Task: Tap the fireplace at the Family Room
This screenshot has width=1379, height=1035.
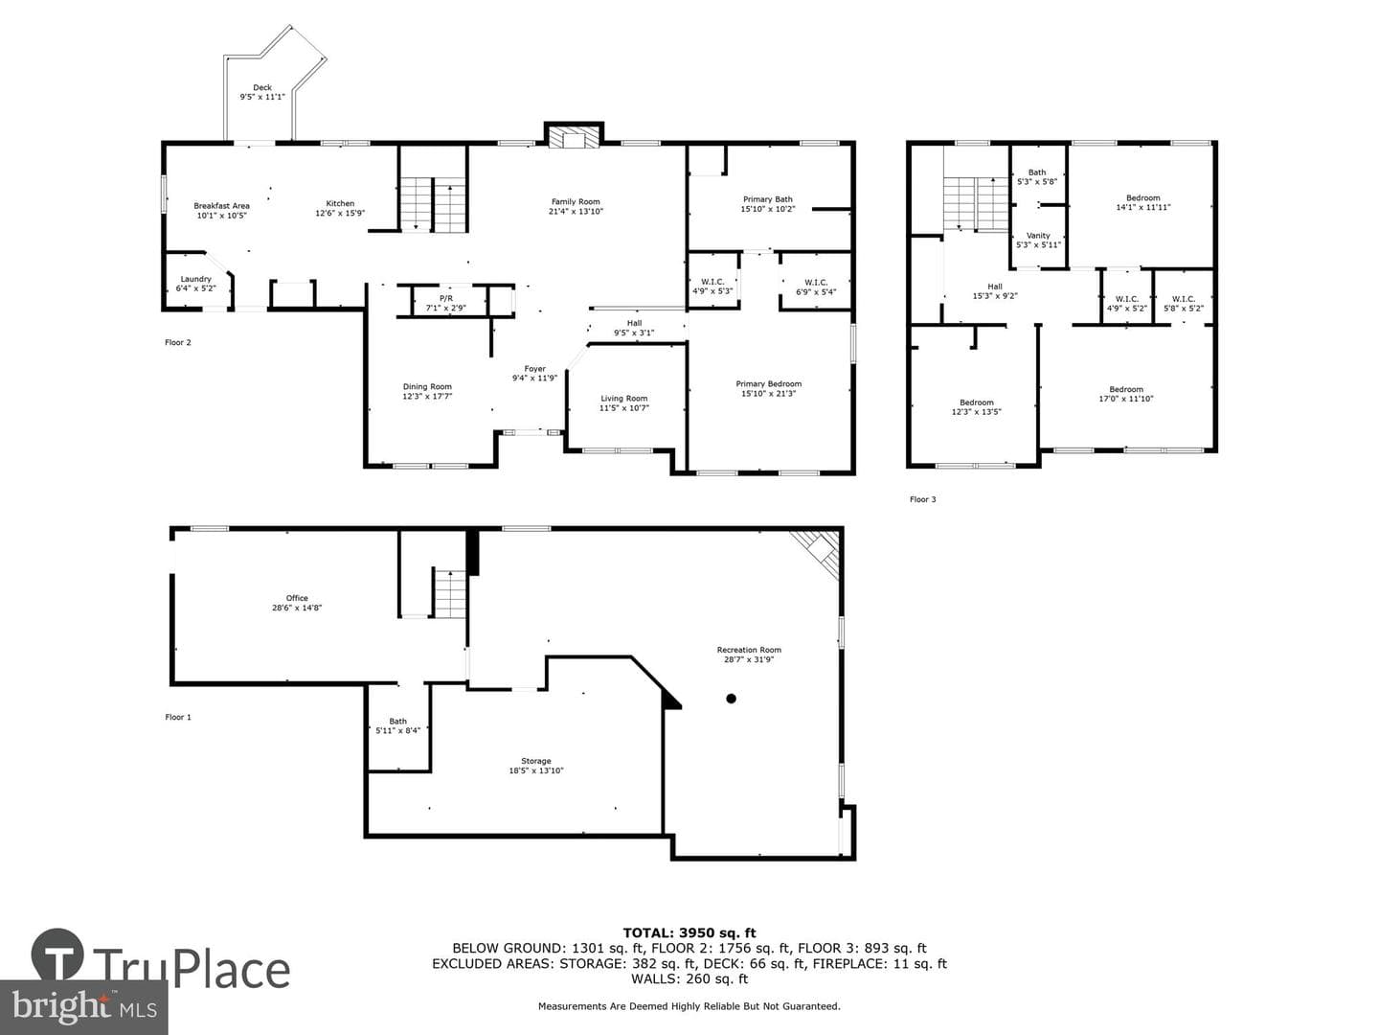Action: tap(574, 136)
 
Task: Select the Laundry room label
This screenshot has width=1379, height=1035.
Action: tap(195, 279)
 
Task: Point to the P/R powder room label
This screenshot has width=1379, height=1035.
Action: tap(446, 298)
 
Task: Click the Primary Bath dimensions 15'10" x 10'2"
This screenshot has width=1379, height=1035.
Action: tap(768, 209)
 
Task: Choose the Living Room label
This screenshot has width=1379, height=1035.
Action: tap(623, 399)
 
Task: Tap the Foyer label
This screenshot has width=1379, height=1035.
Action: tap(534, 369)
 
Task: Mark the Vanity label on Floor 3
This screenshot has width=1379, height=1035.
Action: tap(1038, 236)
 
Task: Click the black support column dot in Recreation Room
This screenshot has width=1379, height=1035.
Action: tap(731, 699)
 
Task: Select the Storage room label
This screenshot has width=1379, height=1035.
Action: tap(536, 761)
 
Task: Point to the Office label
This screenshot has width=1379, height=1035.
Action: tap(297, 598)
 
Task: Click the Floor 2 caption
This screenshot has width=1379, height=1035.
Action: tap(178, 342)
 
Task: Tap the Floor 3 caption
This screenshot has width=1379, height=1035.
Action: tap(923, 499)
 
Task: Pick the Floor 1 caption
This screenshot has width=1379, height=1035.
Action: tap(178, 717)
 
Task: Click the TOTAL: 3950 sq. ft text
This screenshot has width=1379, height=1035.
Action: tap(689, 933)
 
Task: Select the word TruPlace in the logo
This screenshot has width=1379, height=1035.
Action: tap(192, 969)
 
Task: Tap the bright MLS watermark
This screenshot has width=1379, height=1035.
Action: tap(83, 1007)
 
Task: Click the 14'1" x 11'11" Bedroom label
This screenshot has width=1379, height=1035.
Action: tap(1143, 202)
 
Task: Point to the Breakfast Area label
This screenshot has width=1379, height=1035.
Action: tap(222, 205)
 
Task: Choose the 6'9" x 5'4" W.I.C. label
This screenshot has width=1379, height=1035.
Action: tap(816, 287)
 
